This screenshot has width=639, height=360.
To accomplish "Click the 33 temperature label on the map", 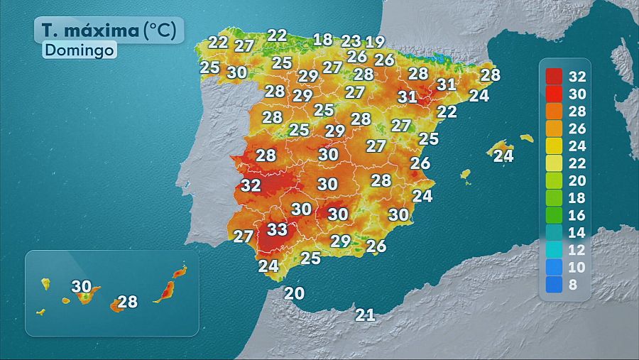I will click(277, 230).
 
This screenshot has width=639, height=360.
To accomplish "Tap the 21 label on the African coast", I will click(365, 315).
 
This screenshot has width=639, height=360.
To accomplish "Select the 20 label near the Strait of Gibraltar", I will click(294, 293).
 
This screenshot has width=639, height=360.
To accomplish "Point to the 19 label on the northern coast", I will click(375, 42).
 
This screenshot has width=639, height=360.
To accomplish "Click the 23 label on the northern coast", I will click(351, 40).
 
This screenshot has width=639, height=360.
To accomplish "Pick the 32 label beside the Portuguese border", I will click(251, 185).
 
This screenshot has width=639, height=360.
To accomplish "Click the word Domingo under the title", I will click(80, 50).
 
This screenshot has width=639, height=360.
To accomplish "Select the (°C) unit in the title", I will click(164, 31).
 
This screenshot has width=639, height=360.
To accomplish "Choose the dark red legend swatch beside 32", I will click(555, 76).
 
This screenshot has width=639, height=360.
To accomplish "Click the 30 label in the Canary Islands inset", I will click(82, 287).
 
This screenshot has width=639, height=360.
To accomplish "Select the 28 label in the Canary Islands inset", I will click(127, 302).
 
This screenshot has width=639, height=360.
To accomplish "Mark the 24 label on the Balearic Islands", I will click(503, 156).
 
